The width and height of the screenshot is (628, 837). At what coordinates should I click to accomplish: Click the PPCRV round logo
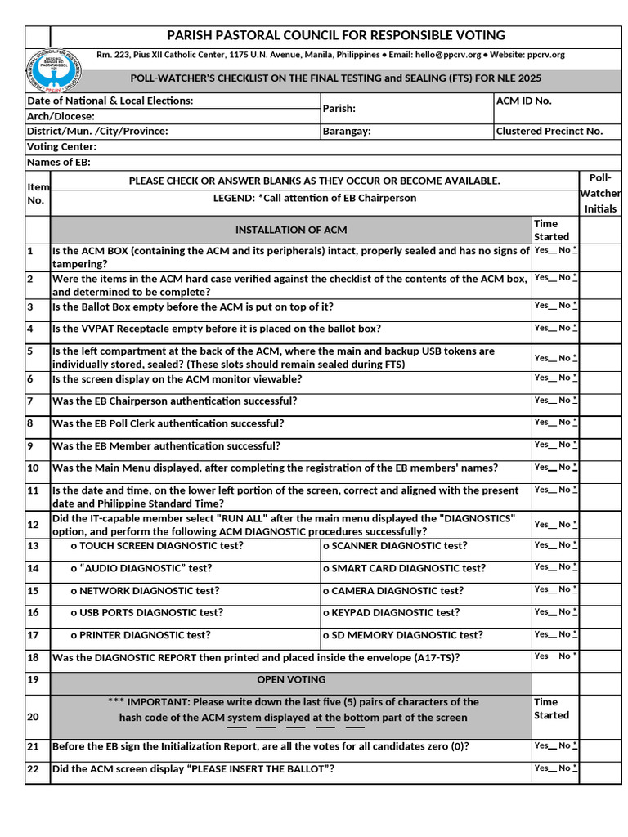56,69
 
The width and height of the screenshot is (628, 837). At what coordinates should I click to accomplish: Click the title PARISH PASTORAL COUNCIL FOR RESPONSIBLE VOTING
335,35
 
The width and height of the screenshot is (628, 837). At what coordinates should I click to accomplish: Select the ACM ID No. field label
524,101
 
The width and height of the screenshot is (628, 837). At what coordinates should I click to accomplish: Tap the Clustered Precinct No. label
549,131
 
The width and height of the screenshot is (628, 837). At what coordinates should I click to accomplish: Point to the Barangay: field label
347,131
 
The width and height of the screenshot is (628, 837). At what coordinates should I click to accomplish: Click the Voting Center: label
62,146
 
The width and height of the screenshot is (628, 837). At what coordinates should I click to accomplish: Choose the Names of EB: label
59,162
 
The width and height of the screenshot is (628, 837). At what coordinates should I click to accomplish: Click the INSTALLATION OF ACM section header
291,230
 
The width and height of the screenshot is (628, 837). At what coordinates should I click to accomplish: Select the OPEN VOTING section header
291,679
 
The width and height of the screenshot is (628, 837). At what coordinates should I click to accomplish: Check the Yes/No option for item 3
555,306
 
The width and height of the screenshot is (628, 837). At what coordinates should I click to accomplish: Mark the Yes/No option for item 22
555,768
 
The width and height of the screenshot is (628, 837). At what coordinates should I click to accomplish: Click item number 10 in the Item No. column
33,468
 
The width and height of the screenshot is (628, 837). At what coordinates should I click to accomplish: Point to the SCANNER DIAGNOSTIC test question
395,546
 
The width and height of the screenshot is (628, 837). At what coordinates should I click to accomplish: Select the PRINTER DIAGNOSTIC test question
140,634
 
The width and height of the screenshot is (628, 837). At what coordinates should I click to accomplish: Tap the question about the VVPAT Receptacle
217,329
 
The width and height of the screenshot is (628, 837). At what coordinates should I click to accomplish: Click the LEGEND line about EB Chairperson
314,198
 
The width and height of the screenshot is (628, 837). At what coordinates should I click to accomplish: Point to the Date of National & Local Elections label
110,101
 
